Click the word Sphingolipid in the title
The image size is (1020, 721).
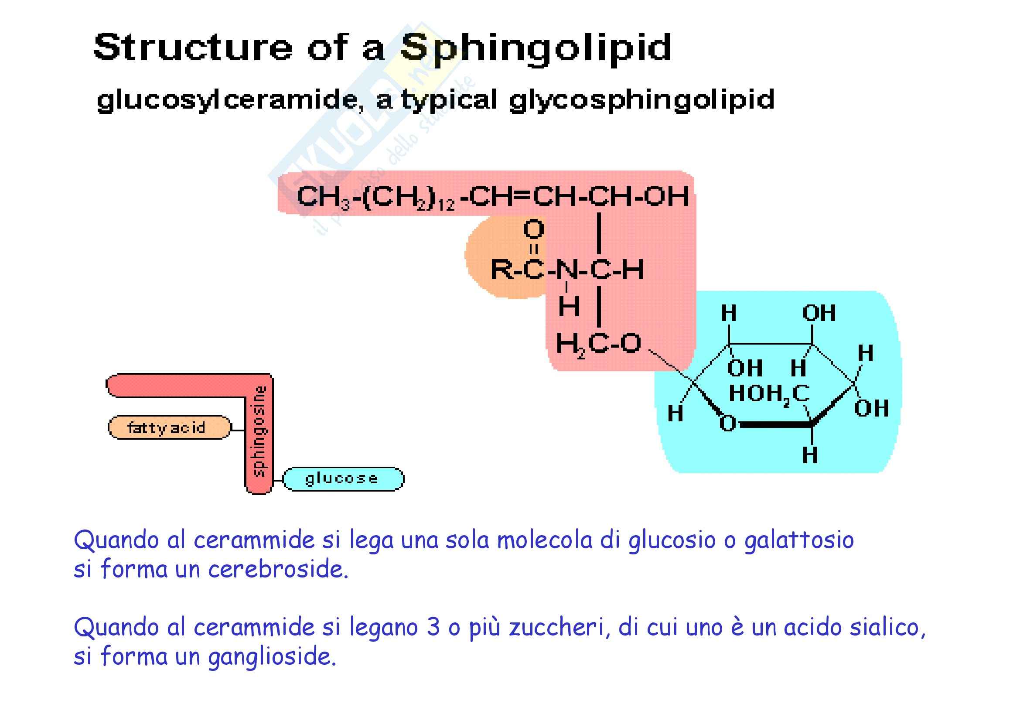point(536,48)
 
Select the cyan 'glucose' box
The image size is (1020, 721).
point(342,479)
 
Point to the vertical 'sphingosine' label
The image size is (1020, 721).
point(259,431)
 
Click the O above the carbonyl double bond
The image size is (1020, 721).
point(533,229)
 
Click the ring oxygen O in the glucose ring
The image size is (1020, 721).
point(727,424)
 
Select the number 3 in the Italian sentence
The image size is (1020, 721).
point(432,627)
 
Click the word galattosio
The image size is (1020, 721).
point(799,540)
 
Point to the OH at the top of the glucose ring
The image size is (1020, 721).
point(819,313)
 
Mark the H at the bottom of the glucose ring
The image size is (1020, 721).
point(810,455)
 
